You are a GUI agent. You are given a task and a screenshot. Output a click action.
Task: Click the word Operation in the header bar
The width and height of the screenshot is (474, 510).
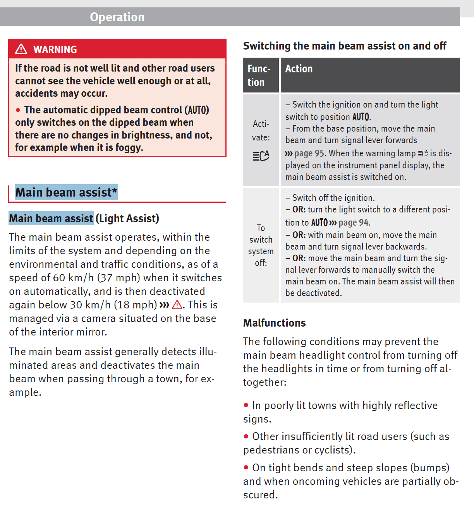coord(117,17)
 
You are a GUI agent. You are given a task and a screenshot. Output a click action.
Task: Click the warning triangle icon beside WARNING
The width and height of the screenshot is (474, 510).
coord(21,49)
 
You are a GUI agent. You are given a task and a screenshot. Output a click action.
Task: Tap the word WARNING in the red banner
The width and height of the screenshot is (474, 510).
coord(55,50)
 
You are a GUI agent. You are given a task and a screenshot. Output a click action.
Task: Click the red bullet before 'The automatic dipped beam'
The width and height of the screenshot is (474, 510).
coord(18,110)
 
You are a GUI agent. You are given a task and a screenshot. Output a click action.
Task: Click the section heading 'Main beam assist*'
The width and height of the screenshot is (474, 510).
coord(66,192)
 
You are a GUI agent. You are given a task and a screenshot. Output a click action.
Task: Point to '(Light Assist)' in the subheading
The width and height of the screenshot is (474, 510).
coord(127,219)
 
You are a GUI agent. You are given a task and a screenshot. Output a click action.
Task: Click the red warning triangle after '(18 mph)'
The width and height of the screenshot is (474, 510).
coord(177,305)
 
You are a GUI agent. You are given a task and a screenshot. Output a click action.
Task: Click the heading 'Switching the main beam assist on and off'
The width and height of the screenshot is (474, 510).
coord(344,46)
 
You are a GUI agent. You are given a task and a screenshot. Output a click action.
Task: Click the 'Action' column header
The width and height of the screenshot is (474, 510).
coord(299,69)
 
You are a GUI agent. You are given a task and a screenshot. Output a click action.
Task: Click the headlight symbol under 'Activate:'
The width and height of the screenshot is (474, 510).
coord(261,156)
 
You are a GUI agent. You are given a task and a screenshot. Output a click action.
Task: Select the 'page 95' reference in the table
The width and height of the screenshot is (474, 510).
coord(309,154)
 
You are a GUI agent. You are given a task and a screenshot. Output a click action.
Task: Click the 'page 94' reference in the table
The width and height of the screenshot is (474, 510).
coord(353,223)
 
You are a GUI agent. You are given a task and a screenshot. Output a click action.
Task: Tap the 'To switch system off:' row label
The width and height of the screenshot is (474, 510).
coord(261,245)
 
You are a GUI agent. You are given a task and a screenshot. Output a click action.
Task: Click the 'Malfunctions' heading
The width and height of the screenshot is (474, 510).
coord(274,323)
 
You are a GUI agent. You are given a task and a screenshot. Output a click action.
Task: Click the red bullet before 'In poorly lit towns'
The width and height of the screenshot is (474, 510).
coord(246,405)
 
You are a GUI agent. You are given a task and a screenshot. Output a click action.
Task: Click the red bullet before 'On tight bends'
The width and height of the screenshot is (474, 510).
coord(246,467)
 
